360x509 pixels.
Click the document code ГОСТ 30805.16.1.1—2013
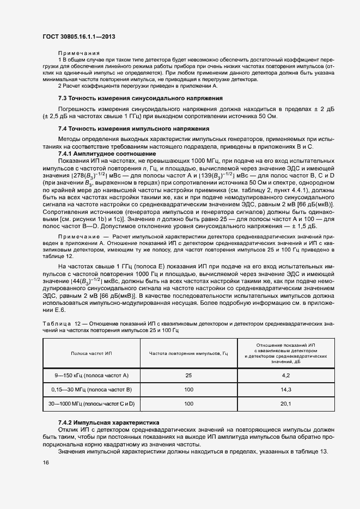(x=78, y=36)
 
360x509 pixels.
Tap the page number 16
(x=46, y=462)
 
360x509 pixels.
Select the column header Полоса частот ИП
(x=91, y=353)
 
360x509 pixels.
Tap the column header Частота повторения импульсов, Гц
(x=188, y=353)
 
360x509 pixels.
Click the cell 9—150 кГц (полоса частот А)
(x=91, y=376)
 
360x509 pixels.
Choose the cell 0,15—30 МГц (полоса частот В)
(x=91, y=389)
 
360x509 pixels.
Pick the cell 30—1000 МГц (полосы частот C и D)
(x=91, y=403)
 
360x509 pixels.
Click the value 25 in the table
(x=188, y=376)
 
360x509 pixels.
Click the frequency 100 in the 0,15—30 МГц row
(x=188, y=389)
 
